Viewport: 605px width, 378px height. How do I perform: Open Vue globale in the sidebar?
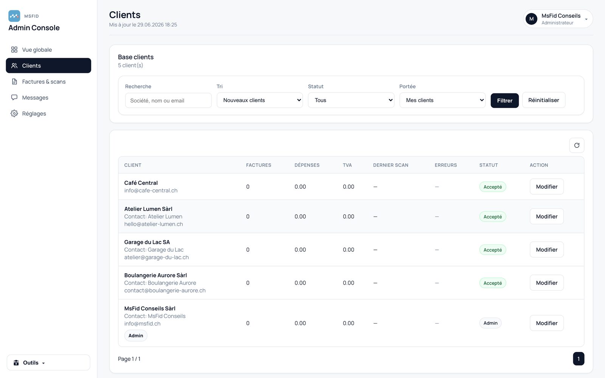click(x=37, y=50)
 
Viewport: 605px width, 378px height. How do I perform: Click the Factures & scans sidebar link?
click(x=43, y=82)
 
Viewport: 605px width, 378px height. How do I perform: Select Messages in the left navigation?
click(x=35, y=98)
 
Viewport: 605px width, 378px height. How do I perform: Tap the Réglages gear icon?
click(x=14, y=113)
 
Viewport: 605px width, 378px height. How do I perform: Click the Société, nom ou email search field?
click(x=168, y=101)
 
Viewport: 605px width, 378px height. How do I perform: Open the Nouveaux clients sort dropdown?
click(x=259, y=100)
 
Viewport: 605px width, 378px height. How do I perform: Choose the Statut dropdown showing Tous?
click(x=351, y=100)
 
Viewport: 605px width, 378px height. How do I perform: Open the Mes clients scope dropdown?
click(x=442, y=100)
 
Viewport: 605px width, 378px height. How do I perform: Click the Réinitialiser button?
click(x=544, y=100)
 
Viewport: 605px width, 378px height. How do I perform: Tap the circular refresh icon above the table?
click(x=577, y=145)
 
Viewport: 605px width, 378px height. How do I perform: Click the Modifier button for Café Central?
click(x=547, y=187)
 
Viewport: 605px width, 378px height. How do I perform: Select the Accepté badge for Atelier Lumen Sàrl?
click(x=493, y=217)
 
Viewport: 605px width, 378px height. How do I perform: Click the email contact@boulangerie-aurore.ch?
click(x=165, y=291)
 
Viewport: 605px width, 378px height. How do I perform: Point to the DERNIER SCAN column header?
click(x=391, y=165)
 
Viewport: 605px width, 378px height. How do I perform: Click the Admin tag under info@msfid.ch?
click(x=136, y=336)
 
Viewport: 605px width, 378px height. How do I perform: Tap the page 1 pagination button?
click(x=579, y=359)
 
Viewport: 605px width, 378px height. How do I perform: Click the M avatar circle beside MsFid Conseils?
click(x=531, y=19)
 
